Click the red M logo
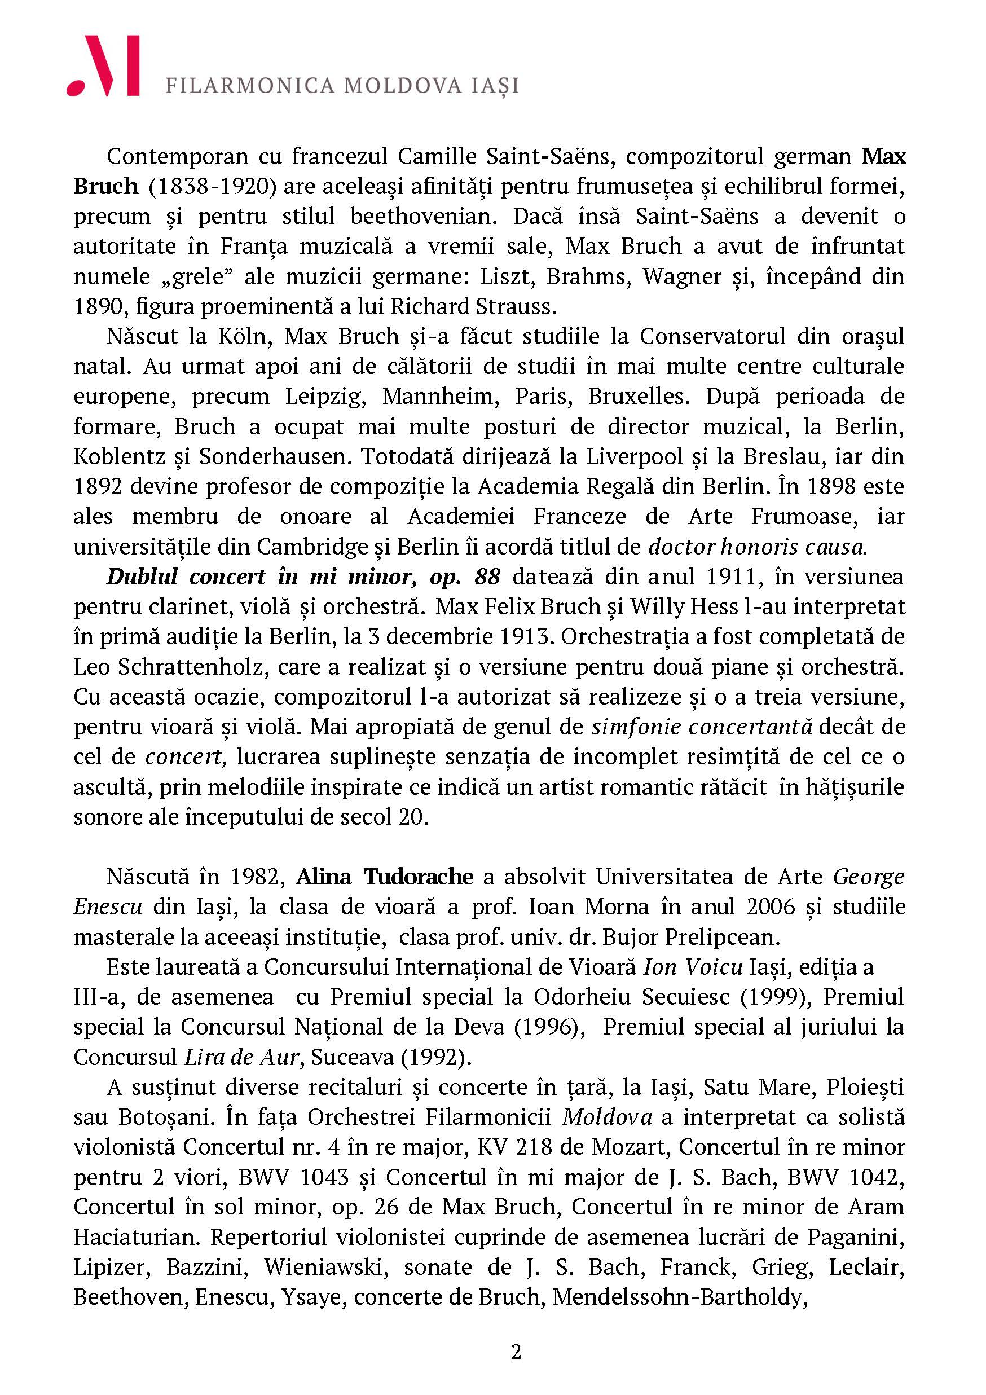point(103,65)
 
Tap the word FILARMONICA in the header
point(250,86)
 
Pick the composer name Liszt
point(505,276)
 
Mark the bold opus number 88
point(487,577)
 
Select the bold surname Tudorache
point(419,877)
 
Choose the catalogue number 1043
point(323,1177)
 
